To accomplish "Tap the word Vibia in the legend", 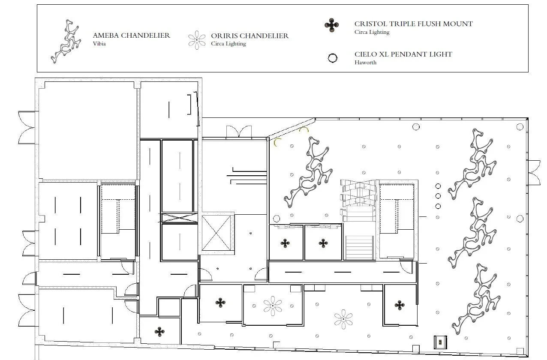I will click(x=99, y=43).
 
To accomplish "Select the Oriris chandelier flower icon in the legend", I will click(x=197, y=40).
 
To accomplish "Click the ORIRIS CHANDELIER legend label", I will click(x=249, y=36).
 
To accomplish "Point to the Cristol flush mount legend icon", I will click(x=332, y=26).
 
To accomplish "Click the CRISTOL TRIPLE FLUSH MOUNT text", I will click(x=413, y=24).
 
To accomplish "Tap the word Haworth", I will click(x=365, y=62).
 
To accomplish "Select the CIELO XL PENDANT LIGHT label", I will click(x=403, y=54).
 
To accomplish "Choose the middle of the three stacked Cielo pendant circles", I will click(x=438, y=196).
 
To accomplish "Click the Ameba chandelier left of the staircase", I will click(x=309, y=171).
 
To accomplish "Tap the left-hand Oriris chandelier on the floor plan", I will click(x=273, y=306).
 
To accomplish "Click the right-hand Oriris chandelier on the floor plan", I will click(x=343, y=320).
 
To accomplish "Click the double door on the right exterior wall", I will click(x=534, y=172).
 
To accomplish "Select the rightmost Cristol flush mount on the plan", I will click(x=400, y=305).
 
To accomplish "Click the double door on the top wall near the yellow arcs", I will click(x=238, y=131).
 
